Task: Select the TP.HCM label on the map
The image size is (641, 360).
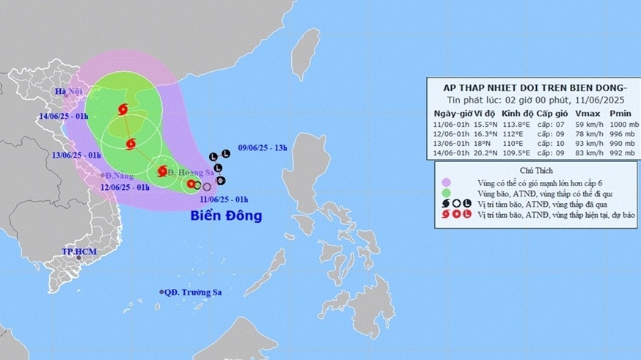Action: pyautogui.click(x=78, y=251)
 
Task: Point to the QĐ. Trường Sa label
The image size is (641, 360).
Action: pyautogui.click(x=196, y=292)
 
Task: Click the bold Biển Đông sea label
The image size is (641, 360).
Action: pyautogui.click(x=226, y=216)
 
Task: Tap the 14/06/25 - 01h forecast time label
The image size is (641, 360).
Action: pyautogui.click(x=64, y=116)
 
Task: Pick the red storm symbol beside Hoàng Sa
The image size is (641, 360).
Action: pyautogui.click(x=162, y=172)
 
